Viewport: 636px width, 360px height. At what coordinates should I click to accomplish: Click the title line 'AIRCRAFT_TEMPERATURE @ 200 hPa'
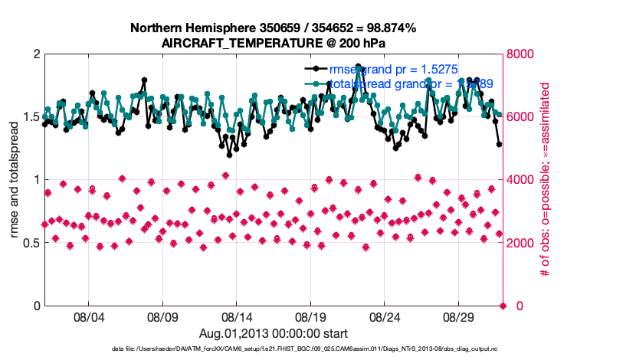tap(273, 43)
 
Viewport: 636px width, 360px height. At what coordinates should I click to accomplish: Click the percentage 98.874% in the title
tap(388, 28)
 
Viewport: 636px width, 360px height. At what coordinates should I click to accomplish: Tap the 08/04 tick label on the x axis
tap(88, 316)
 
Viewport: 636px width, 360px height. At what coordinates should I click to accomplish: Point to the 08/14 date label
tap(237, 316)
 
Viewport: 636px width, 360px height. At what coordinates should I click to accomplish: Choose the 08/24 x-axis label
tap(385, 316)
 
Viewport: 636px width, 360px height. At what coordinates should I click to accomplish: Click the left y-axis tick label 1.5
tap(30, 117)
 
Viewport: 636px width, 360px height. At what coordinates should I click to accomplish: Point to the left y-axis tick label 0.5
tap(30, 243)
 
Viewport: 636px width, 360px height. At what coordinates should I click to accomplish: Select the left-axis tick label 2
tap(36, 54)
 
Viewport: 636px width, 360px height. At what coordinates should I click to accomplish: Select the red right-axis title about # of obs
tap(546, 180)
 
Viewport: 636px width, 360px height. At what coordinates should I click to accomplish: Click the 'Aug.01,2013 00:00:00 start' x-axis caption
tap(273, 333)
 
